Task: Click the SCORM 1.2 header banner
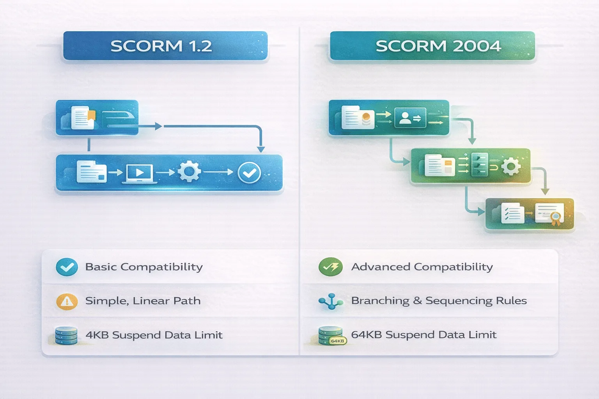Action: coord(165,46)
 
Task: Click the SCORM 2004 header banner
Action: coord(432,46)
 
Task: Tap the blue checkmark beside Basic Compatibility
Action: coord(67,267)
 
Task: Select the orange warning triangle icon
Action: coord(67,301)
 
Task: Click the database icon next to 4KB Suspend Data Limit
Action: coord(66,335)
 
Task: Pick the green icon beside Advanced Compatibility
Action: coord(330,267)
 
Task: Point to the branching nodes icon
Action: coord(331,301)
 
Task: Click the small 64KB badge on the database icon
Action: coord(337,341)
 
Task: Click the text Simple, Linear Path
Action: coord(143,301)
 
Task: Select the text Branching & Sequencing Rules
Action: coord(439,301)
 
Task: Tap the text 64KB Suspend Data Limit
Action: coord(424,335)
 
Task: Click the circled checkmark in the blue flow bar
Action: coord(249,172)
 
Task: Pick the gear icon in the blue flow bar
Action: coord(190,172)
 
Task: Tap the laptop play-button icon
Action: coord(139,173)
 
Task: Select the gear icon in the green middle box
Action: coord(511,167)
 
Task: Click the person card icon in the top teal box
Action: coord(410,118)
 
